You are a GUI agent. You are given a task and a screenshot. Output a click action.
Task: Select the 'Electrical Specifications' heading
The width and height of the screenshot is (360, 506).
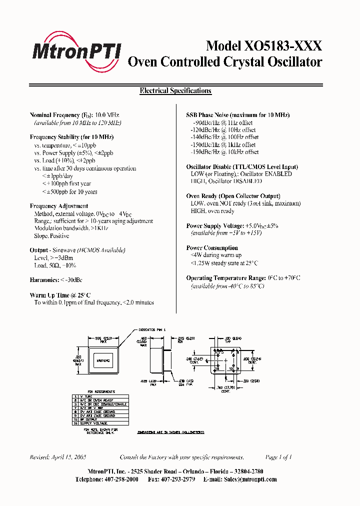pos(175,91)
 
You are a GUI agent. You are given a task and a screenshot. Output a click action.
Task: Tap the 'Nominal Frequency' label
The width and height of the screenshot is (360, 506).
pos(55,115)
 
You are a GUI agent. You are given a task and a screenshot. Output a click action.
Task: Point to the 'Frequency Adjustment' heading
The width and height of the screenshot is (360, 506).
pos(59,206)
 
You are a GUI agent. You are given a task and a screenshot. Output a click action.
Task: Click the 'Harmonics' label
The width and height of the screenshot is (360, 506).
pos(43,280)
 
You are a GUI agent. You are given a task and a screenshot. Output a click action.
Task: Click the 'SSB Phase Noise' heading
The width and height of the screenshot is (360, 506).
pos(209,115)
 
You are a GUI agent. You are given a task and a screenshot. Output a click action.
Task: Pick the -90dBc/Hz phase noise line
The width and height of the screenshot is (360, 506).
pos(222,122)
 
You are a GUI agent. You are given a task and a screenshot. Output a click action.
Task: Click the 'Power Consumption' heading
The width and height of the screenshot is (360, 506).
pos(212,248)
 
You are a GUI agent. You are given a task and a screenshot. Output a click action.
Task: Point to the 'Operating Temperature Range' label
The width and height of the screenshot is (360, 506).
pos(229,278)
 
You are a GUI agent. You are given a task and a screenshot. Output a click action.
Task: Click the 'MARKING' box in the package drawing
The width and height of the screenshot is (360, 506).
pos(103,359)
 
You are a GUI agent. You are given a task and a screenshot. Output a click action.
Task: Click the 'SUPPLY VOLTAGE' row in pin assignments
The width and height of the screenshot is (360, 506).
pos(92,423)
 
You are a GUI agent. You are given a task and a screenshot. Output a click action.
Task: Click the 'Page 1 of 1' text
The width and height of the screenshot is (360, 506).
pos(278,457)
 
